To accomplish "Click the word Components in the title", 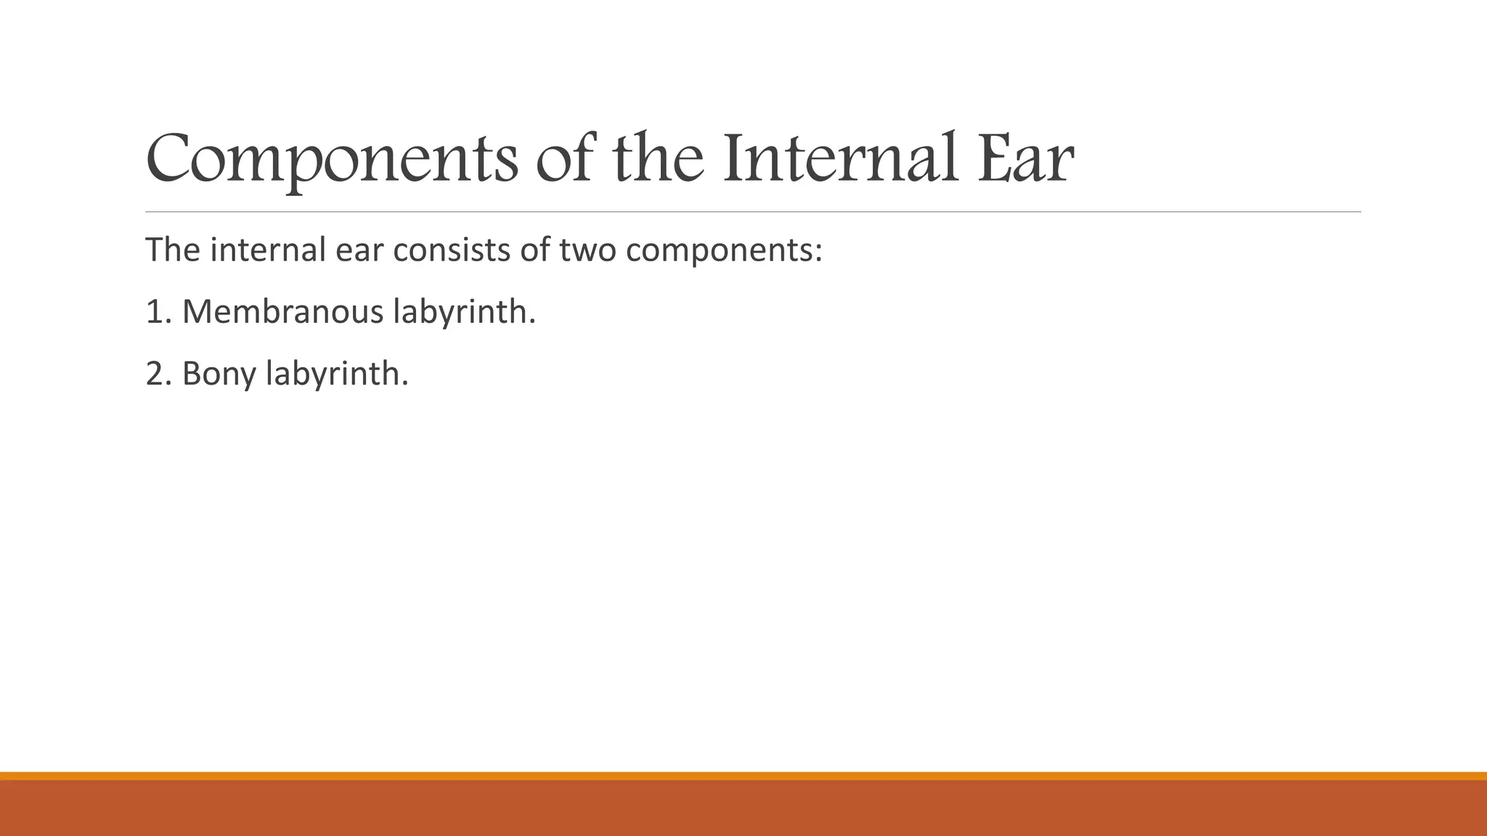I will tap(332, 159).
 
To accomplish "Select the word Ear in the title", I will tap(1024, 157).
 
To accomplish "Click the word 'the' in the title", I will tap(658, 157).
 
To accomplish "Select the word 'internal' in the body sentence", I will tap(268, 250).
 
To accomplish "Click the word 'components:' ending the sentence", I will tap(723, 251).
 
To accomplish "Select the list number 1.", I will tap(157, 312).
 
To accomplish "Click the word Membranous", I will tap(282, 312).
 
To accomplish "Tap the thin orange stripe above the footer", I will tap(743, 776).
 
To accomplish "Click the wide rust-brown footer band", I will tap(743, 808).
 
